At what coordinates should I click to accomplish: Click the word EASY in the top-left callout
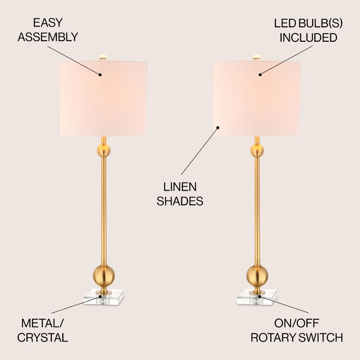click(48, 23)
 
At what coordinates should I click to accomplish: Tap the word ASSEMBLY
click(48, 37)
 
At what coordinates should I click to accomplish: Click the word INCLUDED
click(309, 38)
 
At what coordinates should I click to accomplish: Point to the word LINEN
click(180, 187)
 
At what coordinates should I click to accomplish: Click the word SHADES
click(180, 201)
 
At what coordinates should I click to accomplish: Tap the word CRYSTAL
click(42, 337)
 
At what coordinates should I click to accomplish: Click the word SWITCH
click(321, 337)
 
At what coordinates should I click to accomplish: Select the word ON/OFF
click(297, 323)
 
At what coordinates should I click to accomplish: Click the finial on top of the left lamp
click(104, 57)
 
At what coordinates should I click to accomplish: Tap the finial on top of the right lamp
click(256, 57)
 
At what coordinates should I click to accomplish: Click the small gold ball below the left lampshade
click(104, 151)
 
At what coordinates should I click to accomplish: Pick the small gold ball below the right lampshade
click(257, 151)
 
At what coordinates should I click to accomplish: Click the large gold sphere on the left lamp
click(104, 275)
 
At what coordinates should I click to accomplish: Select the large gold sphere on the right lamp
click(257, 275)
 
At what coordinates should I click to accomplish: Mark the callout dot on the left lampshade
click(100, 75)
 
